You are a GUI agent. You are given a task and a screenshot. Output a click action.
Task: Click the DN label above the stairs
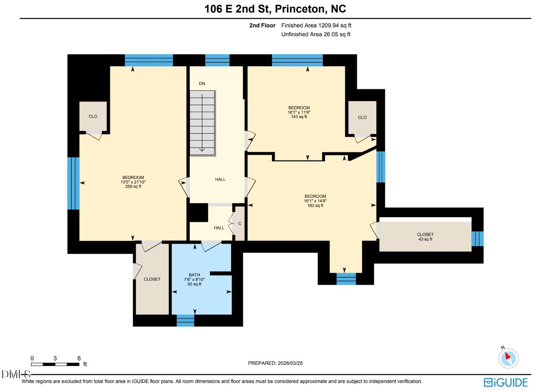point(202,84)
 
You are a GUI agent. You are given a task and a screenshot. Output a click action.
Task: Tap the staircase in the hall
point(203,123)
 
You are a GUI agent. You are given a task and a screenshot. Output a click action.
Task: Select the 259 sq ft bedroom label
point(133,182)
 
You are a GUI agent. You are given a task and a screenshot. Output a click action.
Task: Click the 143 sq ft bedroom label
point(299,112)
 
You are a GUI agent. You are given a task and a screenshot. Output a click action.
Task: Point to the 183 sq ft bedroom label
point(315,201)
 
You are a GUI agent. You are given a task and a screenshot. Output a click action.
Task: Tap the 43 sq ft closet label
point(425,237)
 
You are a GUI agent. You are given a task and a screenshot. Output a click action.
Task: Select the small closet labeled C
point(240,224)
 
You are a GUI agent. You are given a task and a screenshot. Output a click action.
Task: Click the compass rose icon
point(509,359)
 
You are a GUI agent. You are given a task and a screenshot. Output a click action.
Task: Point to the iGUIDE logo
point(505,382)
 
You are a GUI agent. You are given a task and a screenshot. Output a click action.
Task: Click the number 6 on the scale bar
point(79,358)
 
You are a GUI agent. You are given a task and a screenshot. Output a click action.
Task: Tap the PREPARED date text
point(275,363)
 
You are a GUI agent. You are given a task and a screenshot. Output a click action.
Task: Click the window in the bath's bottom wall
point(185,321)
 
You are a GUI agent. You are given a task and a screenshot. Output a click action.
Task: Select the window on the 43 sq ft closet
point(478,238)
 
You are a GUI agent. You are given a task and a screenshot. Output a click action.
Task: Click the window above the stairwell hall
point(217,60)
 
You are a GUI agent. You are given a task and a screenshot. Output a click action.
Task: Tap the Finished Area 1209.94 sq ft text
point(316,25)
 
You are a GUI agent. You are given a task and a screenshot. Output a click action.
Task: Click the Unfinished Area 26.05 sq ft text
point(316,34)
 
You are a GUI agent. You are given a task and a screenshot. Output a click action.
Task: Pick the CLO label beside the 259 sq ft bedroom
point(93,117)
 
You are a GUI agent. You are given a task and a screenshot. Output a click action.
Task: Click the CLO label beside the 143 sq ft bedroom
point(362,118)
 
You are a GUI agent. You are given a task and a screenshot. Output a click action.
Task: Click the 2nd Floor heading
point(262,25)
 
